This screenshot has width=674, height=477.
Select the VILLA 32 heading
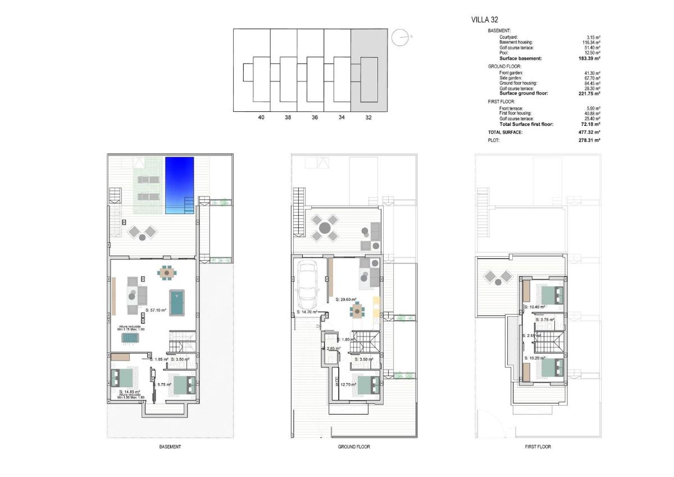pyautogui.click(x=485, y=20)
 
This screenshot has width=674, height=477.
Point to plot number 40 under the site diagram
pyautogui.click(x=261, y=117)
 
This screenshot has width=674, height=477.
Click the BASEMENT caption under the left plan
pyautogui.click(x=170, y=447)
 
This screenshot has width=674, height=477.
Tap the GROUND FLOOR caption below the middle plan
pyautogui.click(x=354, y=447)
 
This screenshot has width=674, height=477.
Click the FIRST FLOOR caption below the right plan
pyautogui.click(x=538, y=447)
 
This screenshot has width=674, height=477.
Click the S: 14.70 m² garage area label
pyautogui.click(x=307, y=312)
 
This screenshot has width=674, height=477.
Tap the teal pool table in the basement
pyautogui.click(x=177, y=303)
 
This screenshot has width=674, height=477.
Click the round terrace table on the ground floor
pyautogui.click(x=324, y=228)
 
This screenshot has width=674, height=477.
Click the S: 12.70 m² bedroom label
pyautogui.click(x=348, y=384)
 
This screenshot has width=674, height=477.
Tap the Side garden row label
pyautogui.click(x=511, y=78)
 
